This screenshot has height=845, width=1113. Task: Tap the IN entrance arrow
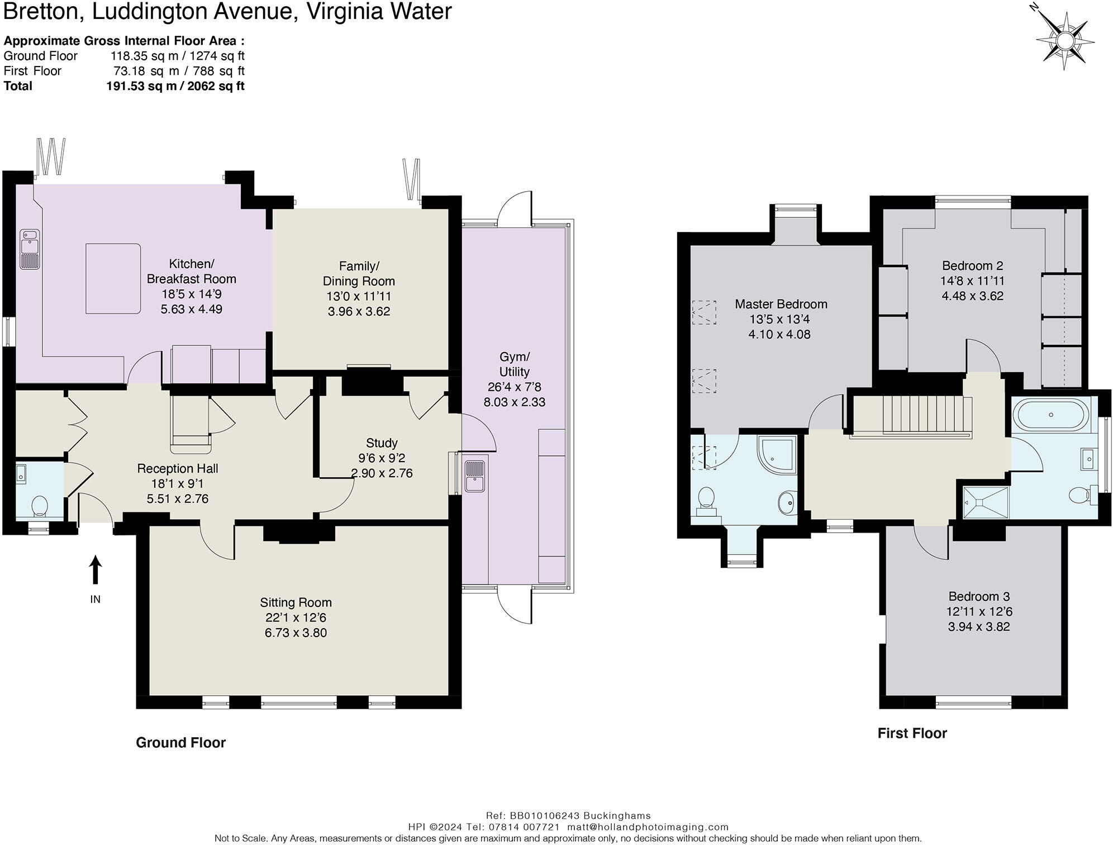click(x=96, y=570)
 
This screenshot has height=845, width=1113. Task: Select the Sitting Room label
click(x=296, y=602)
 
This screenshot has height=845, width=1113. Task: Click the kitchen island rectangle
click(x=112, y=278)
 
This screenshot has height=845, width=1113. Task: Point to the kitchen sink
click(x=28, y=249)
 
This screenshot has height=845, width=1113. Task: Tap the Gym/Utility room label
click(x=514, y=364)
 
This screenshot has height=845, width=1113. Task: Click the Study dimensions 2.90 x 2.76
click(x=382, y=473)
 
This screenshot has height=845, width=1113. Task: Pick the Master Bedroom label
click(x=781, y=304)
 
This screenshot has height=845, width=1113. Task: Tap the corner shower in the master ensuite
click(x=777, y=455)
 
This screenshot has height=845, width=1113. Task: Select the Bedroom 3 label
click(x=979, y=596)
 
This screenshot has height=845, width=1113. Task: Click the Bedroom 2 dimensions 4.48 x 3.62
click(x=973, y=296)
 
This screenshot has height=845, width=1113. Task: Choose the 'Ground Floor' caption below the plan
click(x=180, y=743)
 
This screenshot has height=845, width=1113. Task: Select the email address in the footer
click(x=648, y=827)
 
